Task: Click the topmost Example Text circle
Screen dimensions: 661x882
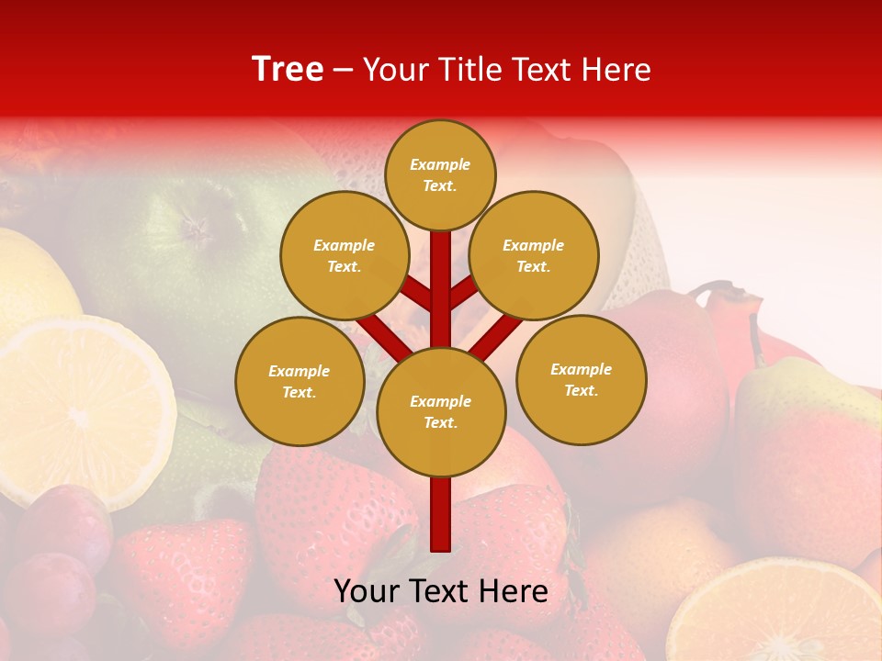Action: tap(440, 174)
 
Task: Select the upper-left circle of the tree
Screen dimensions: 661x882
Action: tap(345, 255)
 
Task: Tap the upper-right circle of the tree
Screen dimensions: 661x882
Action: tap(534, 255)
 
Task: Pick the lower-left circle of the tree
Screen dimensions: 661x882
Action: tap(300, 381)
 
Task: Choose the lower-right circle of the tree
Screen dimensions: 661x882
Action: tap(582, 379)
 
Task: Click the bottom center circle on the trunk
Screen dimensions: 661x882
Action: tap(441, 411)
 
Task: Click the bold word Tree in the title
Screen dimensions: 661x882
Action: tap(288, 69)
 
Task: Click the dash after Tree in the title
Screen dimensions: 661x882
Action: tap(343, 70)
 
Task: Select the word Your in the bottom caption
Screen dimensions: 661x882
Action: tap(367, 591)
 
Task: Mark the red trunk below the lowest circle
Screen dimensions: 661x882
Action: tap(441, 514)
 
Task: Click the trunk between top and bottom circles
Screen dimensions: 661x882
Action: tap(441, 289)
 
